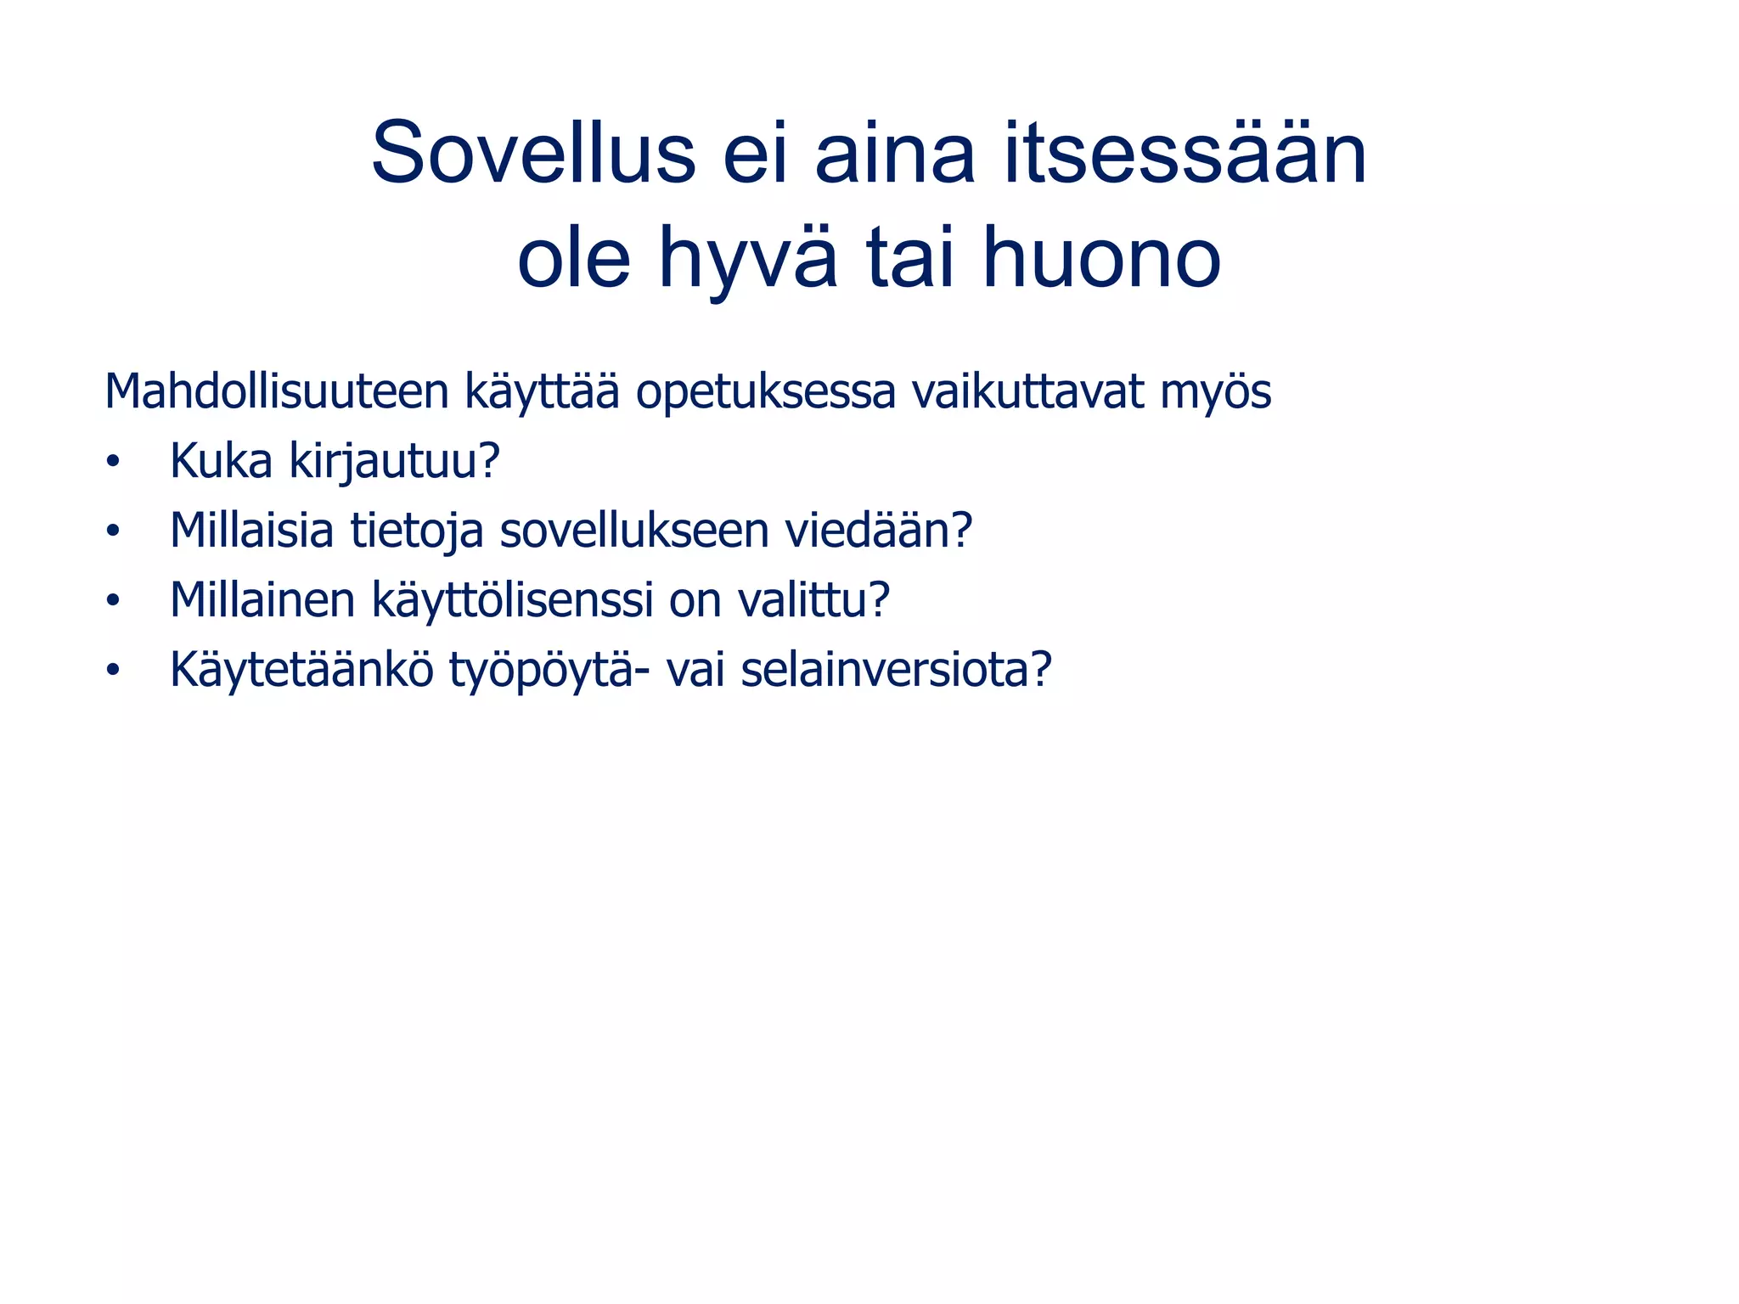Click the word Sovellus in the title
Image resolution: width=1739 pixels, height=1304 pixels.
pyautogui.click(x=533, y=153)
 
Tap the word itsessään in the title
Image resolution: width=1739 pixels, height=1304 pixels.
pyautogui.click(x=1185, y=153)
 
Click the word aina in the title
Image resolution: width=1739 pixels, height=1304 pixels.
pyautogui.click(x=895, y=153)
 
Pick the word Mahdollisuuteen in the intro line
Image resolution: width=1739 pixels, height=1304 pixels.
pyautogui.click(x=276, y=392)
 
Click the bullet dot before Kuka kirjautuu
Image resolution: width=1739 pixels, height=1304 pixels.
pyautogui.click(x=113, y=463)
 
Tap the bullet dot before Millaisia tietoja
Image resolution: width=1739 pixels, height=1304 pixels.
pyautogui.click(x=113, y=532)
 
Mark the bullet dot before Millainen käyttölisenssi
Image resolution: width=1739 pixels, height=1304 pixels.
pyautogui.click(x=113, y=602)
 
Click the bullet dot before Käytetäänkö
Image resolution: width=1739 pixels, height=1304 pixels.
pyautogui.click(x=113, y=672)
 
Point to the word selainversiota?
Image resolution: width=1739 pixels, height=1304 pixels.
pyautogui.click(x=896, y=670)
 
